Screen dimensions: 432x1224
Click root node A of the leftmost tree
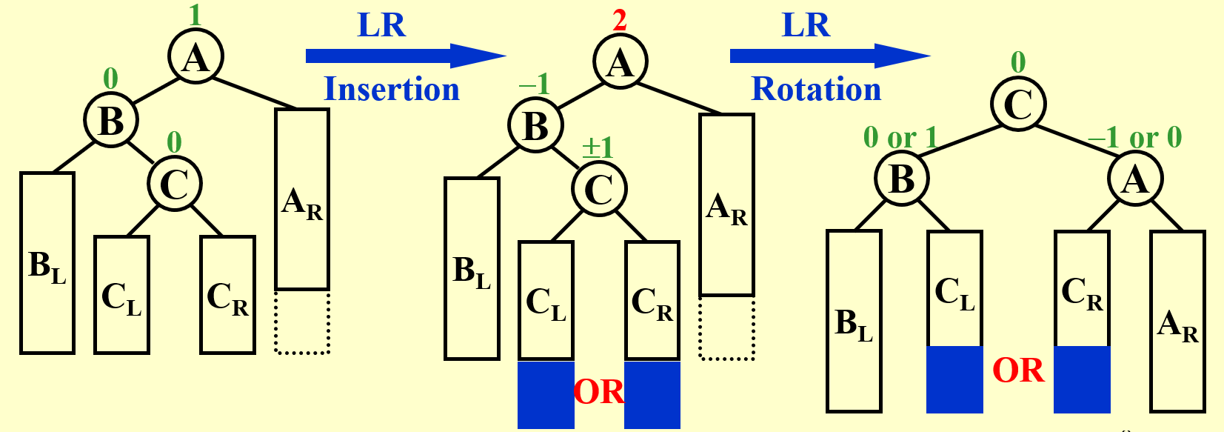coord(195,57)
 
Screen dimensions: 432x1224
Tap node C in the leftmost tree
coord(174,184)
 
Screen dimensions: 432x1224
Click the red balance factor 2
coord(620,20)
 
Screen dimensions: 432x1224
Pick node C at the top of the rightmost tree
coord(1018,104)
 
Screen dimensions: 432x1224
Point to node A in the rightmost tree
coord(1135,179)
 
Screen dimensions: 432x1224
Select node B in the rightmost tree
coord(901,179)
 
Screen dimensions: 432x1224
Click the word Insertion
coord(392,90)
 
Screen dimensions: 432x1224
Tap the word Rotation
coord(816,90)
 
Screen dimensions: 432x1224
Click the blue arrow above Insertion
coord(405,56)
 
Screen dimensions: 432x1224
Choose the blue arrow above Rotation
coord(829,56)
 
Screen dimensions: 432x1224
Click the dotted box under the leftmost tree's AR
coord(302,322)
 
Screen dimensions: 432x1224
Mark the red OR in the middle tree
coord(599,392)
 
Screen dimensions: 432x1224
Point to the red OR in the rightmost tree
coord(1018,370)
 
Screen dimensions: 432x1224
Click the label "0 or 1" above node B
coord(900,138)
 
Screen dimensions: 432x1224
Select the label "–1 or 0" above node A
coord(1134,138)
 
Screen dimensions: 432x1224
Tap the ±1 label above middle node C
coord(598,147)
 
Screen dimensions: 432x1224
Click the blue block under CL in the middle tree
coord(546,394)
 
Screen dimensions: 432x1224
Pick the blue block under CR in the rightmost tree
coord(1082,379)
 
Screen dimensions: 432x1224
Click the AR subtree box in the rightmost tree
coord(1177,321)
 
